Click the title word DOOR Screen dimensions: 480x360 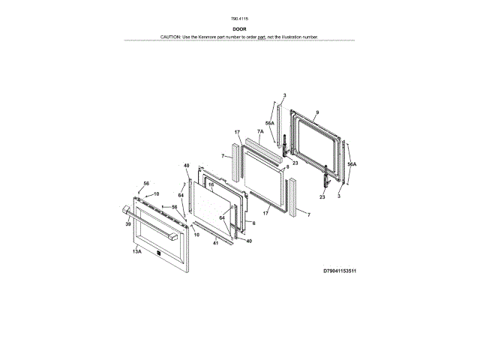point(240,29)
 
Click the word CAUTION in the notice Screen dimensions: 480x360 point(172,37)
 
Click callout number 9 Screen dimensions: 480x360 point(317,112)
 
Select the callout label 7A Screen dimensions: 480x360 point(260,131)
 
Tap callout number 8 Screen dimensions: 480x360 point(286,167)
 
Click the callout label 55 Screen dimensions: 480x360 point(146,184)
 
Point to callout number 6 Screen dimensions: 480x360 point(253,223)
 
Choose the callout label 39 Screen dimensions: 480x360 point(128,224)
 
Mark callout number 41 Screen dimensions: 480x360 point(214,243)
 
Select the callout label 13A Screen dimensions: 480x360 point(137,253)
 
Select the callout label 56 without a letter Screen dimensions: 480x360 point(174,206)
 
